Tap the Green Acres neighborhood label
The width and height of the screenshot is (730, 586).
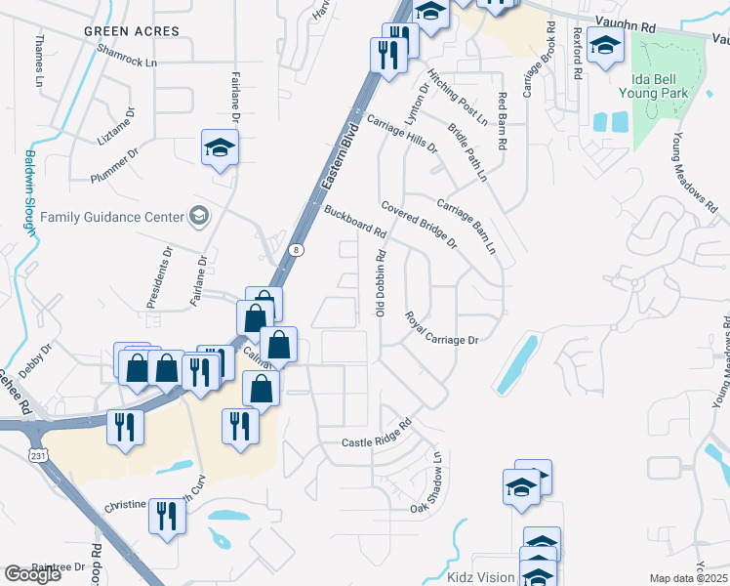(x=132, y=31)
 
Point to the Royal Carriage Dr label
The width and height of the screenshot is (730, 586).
(x=442, y=329)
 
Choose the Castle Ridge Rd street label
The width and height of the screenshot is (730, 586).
(x=377, y=437)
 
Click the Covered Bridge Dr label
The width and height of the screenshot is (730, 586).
(x=419, y=225)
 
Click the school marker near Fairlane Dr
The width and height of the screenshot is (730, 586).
(x=220, y=148)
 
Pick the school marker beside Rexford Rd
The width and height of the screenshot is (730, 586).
(x=605, y=46)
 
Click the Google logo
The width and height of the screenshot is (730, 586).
(x=32, y=575)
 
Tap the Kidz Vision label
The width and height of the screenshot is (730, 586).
(x=480, y=577)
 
